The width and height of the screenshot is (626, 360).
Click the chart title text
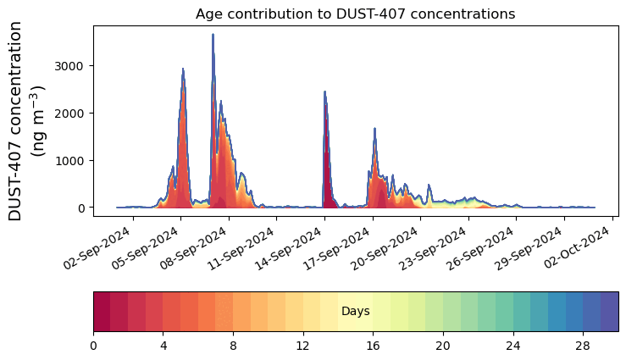click(355, 14)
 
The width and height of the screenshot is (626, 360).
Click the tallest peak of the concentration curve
click(213, 35)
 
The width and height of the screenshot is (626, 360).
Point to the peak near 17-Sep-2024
click(324, 92)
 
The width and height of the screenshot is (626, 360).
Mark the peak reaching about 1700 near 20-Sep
click(374, 129)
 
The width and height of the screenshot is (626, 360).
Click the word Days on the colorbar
click(355, 312)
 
